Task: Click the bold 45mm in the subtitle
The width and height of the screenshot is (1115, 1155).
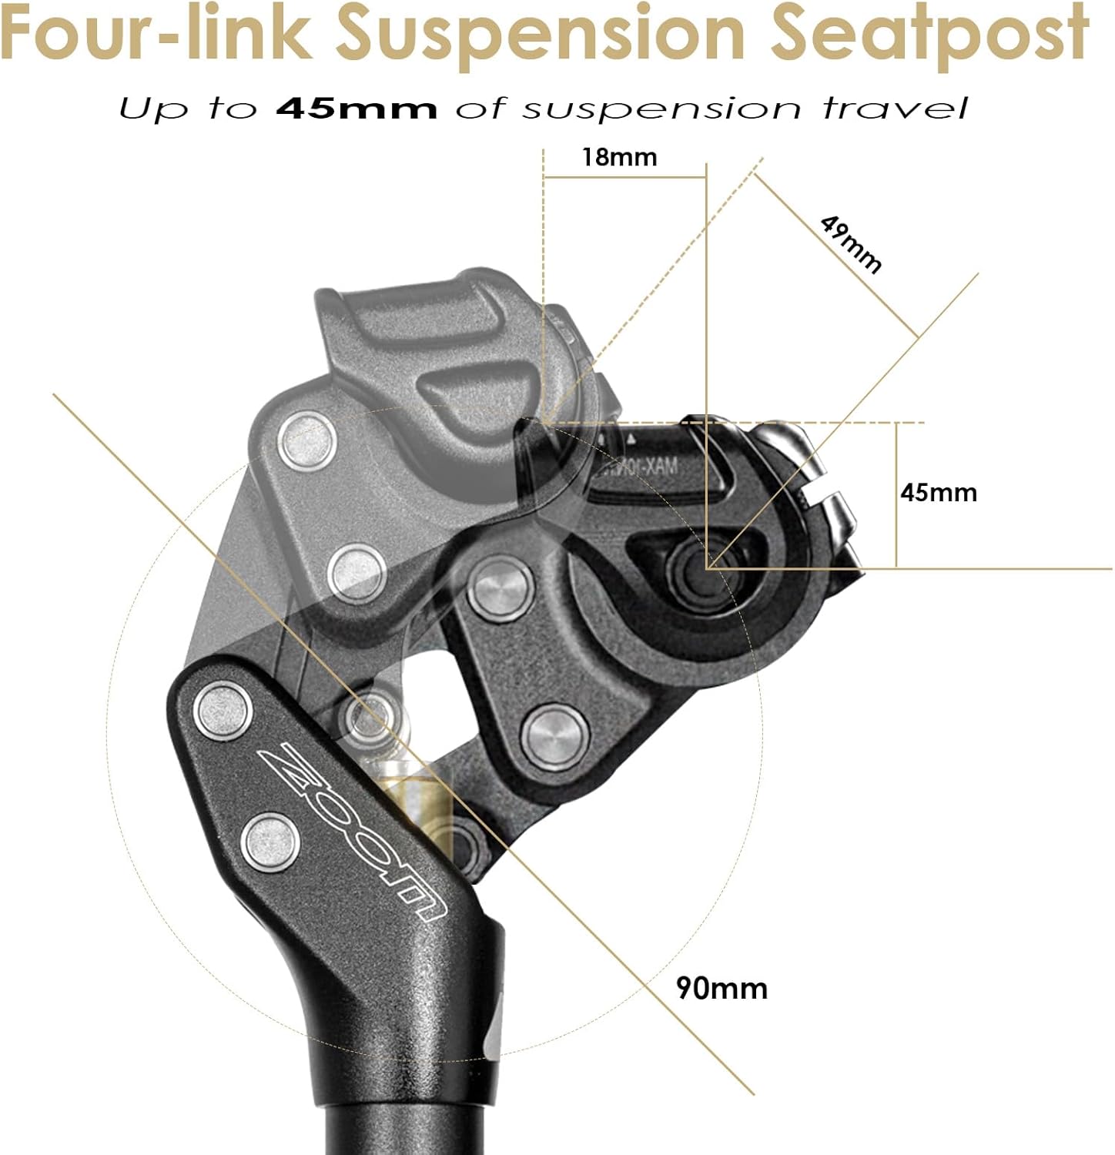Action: point(357,109)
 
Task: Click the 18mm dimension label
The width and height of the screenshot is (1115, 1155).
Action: point(619,157)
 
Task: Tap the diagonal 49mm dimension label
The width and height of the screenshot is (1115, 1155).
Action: point(851,245)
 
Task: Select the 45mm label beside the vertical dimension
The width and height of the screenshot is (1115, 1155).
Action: point(939,493)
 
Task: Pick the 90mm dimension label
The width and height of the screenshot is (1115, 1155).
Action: point(722,988)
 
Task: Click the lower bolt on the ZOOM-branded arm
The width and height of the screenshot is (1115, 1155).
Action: point(271,842)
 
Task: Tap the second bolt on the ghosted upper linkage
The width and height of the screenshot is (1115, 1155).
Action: point(356,574)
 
